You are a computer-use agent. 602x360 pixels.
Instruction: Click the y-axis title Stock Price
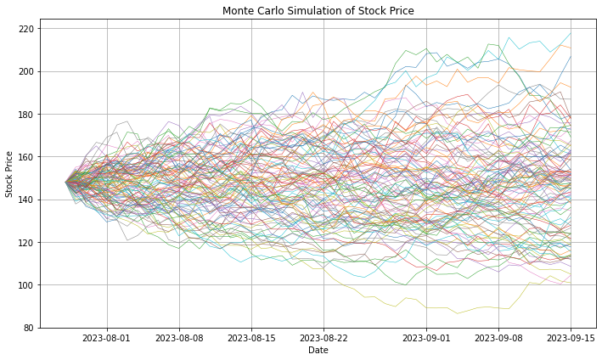coord(10,174)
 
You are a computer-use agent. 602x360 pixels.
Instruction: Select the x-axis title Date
coord(318,350)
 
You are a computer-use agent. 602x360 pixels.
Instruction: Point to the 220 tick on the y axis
coord(27,29)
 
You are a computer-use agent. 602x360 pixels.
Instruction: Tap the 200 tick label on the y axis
coord(27,71)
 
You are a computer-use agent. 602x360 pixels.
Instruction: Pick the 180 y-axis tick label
coord(27,115)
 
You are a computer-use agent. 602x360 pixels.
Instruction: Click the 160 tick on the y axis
coord(27,157)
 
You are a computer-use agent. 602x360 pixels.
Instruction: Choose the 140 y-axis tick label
coord(27,200)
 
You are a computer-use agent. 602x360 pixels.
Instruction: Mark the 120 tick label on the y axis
coord(27,243)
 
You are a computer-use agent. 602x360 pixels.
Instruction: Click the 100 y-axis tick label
coord(27,285)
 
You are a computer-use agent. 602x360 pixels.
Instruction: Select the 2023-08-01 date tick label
coord(107,337)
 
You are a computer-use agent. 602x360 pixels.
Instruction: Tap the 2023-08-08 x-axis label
coord(179,337)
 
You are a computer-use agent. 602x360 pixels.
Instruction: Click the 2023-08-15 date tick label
coord(251,337)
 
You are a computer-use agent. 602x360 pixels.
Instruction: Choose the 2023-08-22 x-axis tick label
coord(324,337)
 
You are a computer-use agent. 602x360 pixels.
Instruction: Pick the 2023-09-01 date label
coord(426,337)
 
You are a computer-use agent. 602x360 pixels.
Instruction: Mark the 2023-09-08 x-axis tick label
coord(498,337)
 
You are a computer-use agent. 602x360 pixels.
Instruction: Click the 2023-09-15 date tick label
coord(571,337)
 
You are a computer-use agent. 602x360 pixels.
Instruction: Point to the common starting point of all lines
coord(66,182)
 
